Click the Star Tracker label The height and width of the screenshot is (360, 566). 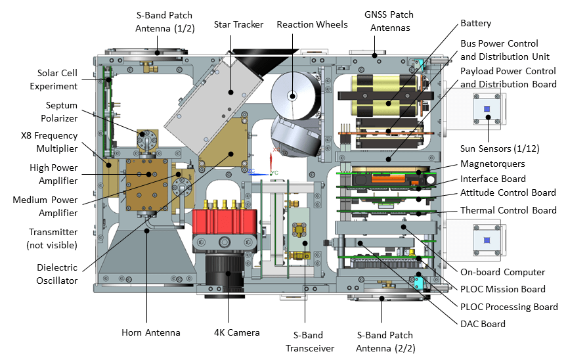coord(238,24)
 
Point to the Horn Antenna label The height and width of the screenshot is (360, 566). coord(150,332)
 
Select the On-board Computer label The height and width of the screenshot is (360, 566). coord(510,272)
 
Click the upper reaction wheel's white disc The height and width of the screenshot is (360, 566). coord(292,96)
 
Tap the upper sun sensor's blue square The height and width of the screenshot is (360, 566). coord(487,108)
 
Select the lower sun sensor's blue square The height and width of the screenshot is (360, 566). coord(487,240)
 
